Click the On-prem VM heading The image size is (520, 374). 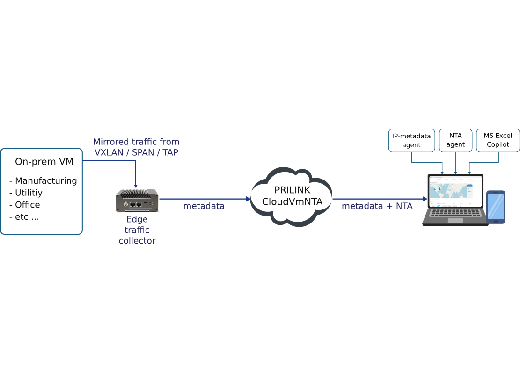tap(44, 162)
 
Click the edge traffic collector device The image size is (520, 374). tap(137, 201)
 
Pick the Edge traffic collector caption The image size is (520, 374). tap(137, 230)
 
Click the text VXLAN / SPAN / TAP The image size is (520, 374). tap(136, 152)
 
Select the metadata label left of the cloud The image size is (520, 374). tap(204, 206)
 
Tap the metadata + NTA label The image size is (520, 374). tap(377, 206)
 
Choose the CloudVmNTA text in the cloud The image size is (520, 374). tap(293, 202)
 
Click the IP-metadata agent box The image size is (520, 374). tap(411, 140)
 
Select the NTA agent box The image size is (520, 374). tap(455, 140)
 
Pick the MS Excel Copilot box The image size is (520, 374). tap(498, 140)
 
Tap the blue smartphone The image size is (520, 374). tap(496, 207)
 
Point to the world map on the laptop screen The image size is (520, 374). tap(447, 189)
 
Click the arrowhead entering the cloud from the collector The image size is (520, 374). tap(249, 199)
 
